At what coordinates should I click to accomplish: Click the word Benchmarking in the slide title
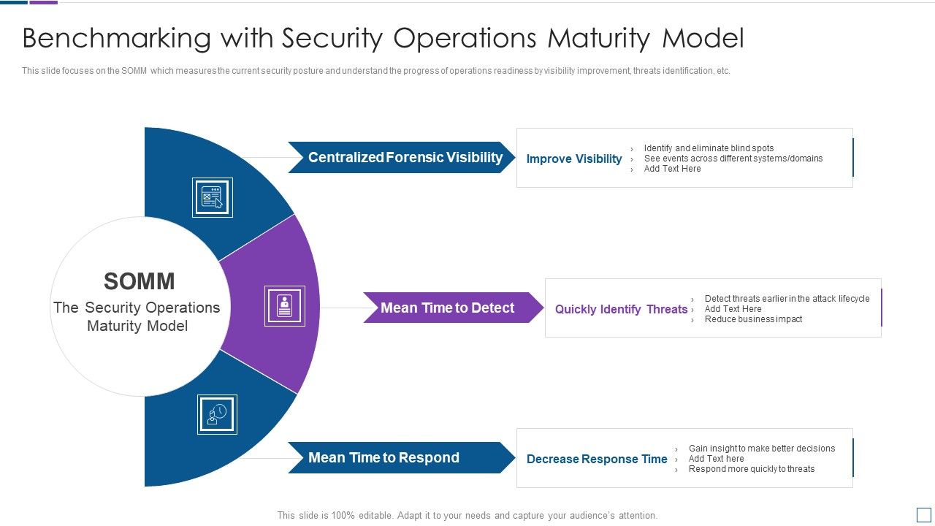coord(116,39)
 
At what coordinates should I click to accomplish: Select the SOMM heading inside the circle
coord(139,281)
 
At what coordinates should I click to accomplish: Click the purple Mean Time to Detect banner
coord(448,308)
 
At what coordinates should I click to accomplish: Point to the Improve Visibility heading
coord(573,159)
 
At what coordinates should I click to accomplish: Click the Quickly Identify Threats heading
coord(621,310)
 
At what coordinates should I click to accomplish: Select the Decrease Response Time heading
coord(597,460)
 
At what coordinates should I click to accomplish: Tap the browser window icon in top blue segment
coord(213,197)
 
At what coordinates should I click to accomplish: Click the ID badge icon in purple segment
coord(284,306)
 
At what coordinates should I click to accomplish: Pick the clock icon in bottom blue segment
coord(217,414)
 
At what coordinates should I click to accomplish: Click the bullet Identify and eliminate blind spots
coord(709,148)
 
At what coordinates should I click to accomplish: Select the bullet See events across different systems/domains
coord(733,159)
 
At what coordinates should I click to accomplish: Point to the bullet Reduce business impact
coord(753,319)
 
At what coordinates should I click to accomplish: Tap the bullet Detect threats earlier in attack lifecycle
coord(787,299)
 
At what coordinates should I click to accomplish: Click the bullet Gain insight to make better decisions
coord(761,449)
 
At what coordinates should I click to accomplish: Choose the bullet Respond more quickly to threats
coord(751,469)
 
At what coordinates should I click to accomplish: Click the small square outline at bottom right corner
coord(923,514)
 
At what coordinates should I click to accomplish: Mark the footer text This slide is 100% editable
coord(467,515)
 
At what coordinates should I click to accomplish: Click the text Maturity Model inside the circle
coord(137,326)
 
